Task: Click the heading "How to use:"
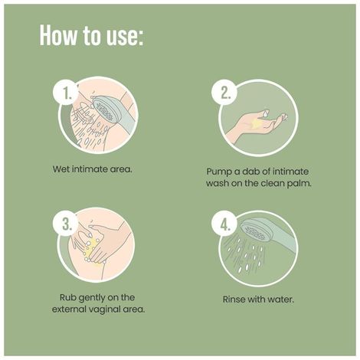pos(91,35)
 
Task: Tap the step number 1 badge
pos(66,92)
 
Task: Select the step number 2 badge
pos(224,92)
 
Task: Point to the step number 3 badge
pos(66,224)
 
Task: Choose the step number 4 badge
pos(224,224)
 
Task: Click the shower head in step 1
pos(103,110)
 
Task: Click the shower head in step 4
pos(255,231)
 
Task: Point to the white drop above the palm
pos(266,113)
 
